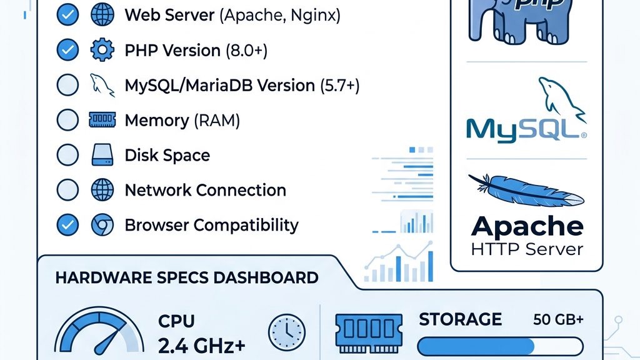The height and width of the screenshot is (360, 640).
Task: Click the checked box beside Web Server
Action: click(x=67, y=16)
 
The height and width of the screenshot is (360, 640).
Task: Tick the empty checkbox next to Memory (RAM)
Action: click(x=67, y=121)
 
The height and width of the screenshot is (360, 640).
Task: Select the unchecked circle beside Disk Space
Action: click(x=67, y=156)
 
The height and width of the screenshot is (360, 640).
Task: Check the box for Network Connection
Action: click(x=67, y=191)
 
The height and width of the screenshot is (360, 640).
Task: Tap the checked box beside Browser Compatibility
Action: click(x=67, y=225)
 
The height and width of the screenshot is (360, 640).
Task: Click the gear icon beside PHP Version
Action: click(x=102, y=51)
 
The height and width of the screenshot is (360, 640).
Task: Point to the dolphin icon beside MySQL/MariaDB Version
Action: click(x=102, y=85)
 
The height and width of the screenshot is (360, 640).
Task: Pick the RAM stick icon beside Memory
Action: click(x=102, y=121)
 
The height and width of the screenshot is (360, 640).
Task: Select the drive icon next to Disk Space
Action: click(x=102, y=156)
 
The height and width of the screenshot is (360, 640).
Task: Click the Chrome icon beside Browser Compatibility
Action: click(x=102, y=225)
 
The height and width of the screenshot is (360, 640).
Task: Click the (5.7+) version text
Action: click(x=339, y=86)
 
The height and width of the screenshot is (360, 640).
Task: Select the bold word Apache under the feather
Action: click(x=527, y=226)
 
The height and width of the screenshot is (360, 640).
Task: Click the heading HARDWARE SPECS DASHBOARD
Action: click(x=187, y=278)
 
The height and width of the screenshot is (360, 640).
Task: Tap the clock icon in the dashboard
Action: click(x=287, y=331)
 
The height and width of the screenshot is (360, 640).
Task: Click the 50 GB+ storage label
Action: click(x=558, y=320)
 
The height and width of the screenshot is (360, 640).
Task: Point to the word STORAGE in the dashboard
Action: click(x=460, y=319)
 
